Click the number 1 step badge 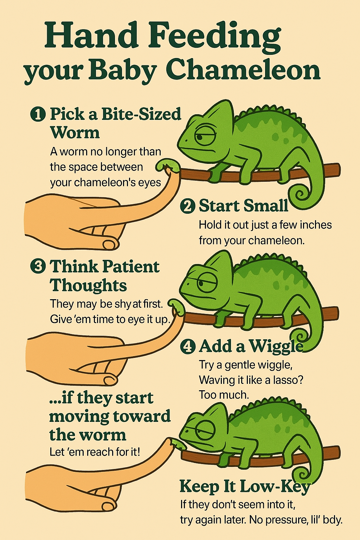38,114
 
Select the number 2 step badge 187,206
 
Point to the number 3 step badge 38,266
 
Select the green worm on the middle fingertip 177,307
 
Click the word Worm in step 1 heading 75,132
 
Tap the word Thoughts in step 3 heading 88,285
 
